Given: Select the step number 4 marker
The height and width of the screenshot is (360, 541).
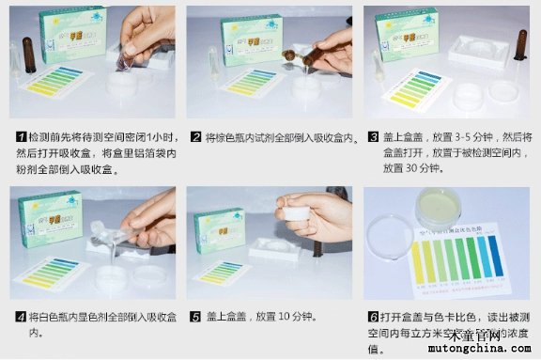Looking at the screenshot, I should pyautogui.click(x=19, y=317).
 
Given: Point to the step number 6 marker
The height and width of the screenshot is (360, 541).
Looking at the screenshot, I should pyautogui.click(x=373, y=317).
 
